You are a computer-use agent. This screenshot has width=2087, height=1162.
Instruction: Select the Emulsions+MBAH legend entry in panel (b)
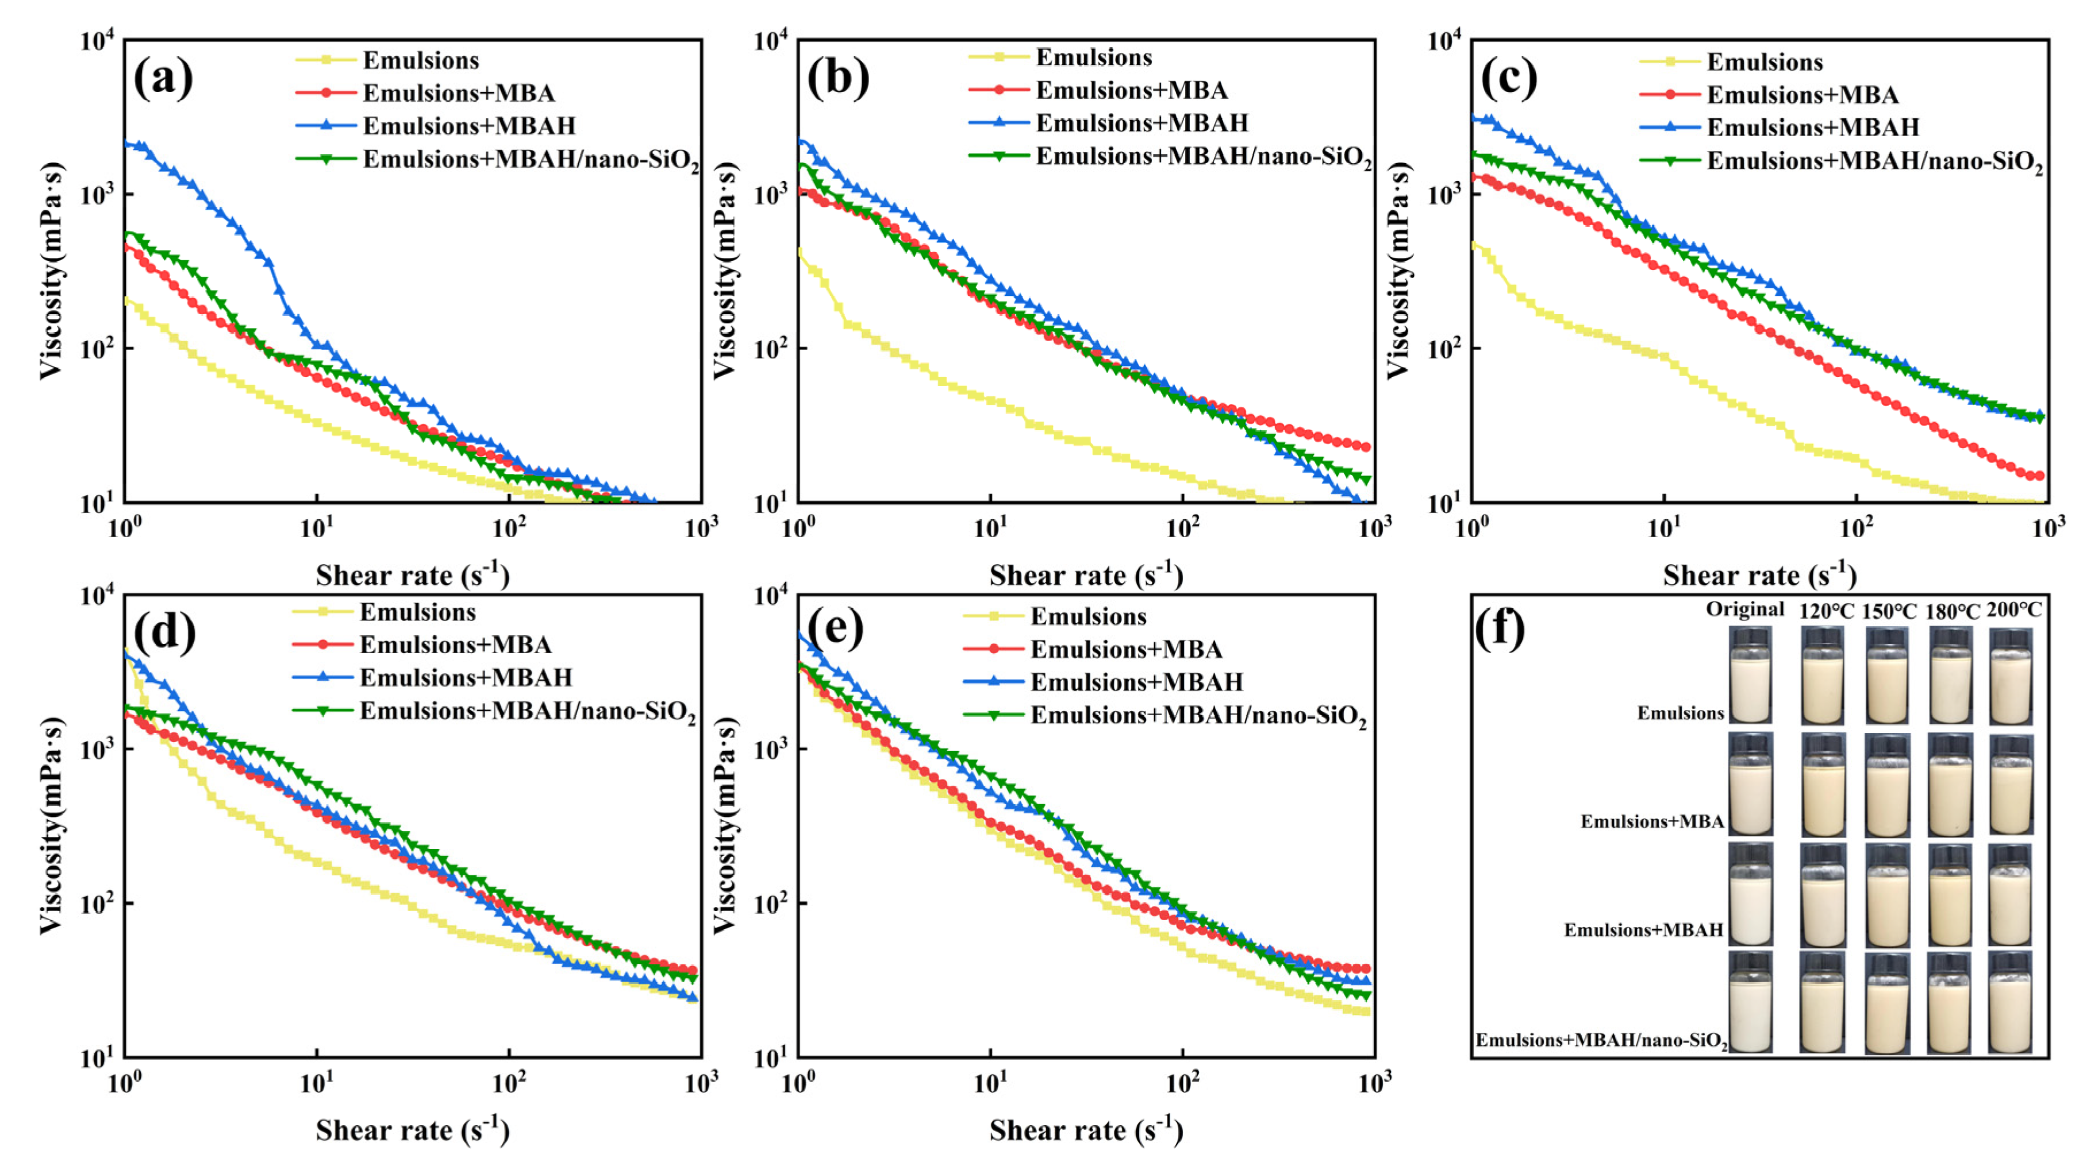click(x=1141, y=122)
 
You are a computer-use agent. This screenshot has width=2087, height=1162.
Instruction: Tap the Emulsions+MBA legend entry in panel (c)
click(x=1802, y=95)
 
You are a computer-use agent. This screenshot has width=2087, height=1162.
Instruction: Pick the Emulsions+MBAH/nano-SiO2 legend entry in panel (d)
click(x=526, y=711)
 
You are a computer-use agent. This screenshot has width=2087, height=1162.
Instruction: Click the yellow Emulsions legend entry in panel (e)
click(x=1087, y=617)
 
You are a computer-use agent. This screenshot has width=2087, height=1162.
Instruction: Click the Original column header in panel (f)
click(x=1744, y=609)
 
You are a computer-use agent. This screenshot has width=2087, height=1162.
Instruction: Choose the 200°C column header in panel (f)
click(x=2014, y=611)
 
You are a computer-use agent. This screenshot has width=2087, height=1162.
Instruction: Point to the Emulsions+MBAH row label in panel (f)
click(x=1643, y=929)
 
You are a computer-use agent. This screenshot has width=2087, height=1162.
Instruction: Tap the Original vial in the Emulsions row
click(x=1750, y=676)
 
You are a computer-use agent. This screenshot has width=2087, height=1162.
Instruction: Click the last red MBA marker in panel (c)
click(x=2039, y=476)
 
